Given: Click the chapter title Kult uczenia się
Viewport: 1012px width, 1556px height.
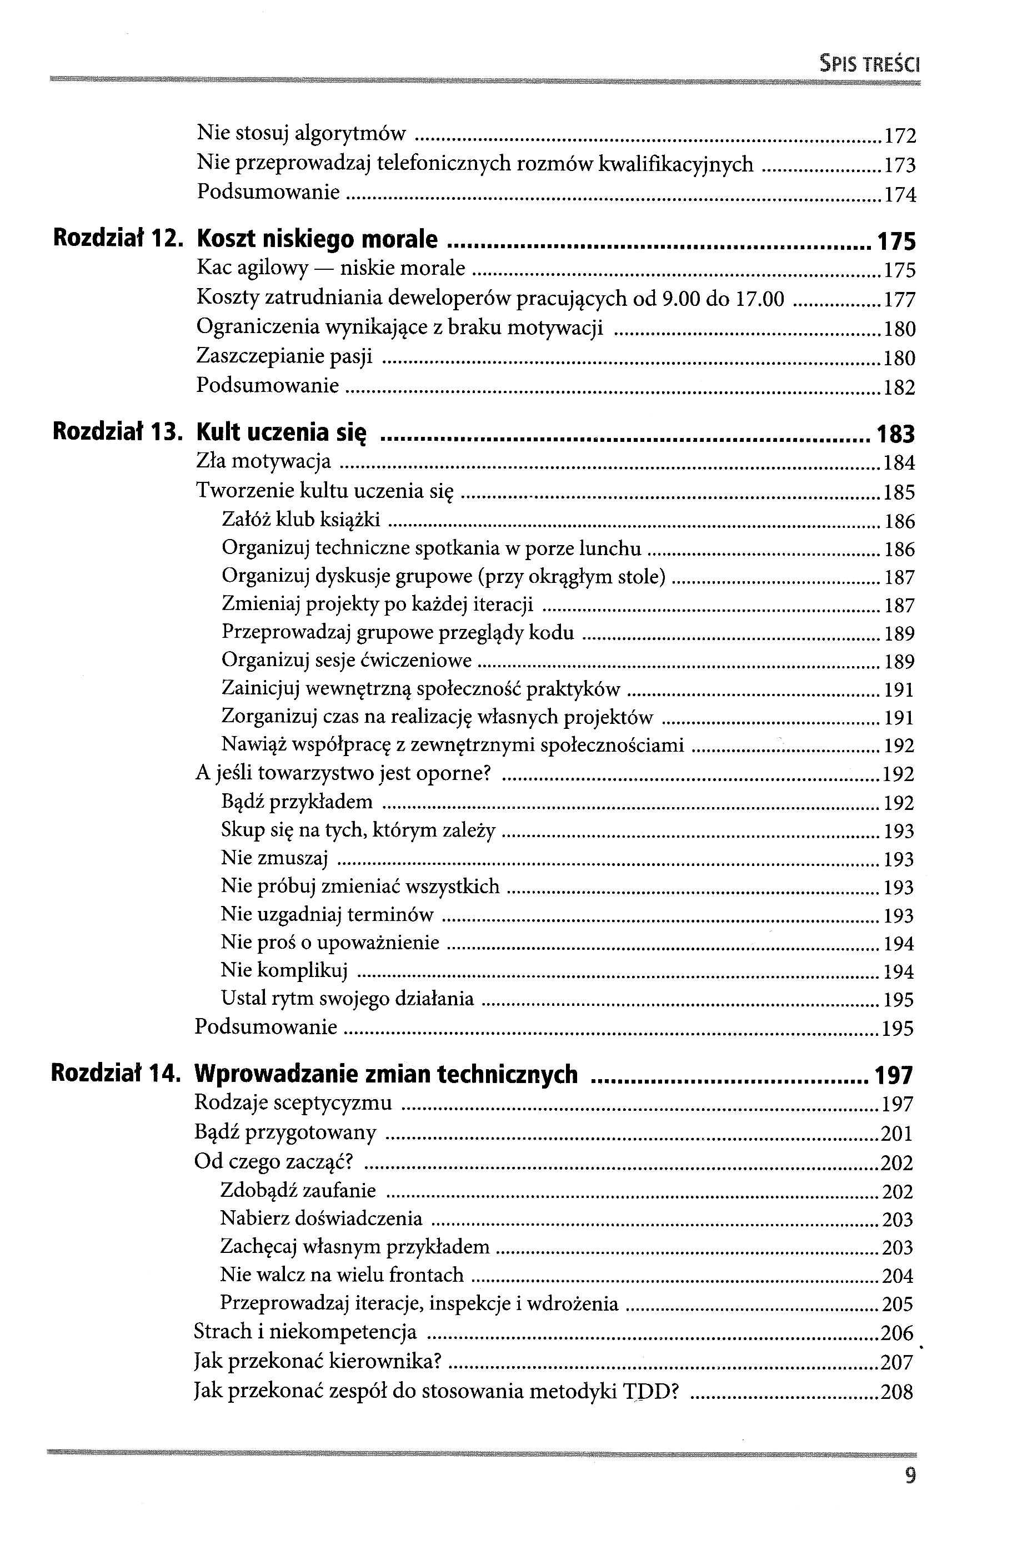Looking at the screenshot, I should (x=281, y=433).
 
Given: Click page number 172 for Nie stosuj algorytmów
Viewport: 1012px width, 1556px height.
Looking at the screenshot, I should (x=899, y=136).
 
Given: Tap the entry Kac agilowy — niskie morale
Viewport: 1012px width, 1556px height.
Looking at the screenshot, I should (x=330, y=268).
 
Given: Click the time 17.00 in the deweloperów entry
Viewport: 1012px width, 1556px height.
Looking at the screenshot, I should (x=759, y=299).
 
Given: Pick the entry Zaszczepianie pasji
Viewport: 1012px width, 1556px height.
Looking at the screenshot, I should (x=284, y=356).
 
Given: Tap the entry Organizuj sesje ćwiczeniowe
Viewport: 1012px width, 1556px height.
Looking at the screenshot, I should (x=347, y=661).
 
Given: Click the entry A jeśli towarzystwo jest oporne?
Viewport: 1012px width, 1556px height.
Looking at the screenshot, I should (x=343, y=773).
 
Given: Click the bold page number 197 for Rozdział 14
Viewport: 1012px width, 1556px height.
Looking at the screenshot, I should (x=894, y=1075).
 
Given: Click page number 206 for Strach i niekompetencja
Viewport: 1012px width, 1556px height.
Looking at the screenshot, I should (x=897, y=1332).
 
